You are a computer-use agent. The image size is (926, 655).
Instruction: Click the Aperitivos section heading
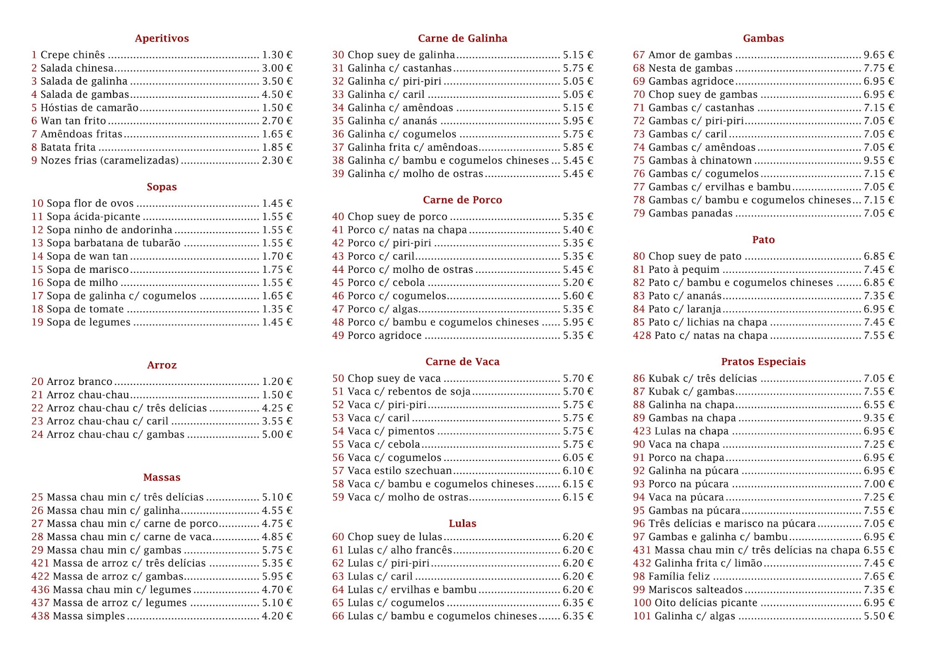[162, 38]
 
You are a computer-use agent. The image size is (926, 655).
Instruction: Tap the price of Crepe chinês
[277, 55]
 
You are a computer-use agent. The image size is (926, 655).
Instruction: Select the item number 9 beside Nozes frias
[34, 161]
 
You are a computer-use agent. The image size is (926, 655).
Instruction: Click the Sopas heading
[162, 187]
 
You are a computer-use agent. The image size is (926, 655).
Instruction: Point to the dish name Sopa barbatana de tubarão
[113, 243]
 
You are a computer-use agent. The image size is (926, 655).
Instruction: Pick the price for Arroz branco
[277, 382]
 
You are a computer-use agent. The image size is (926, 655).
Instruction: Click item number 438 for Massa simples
[40, 616]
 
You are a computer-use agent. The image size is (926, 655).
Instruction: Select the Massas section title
[162, 478]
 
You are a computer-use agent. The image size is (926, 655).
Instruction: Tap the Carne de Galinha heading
[463, 38]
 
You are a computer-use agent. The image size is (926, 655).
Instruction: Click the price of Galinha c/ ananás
[578, 121]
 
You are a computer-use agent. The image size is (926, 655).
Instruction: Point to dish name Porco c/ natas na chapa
[407, 230]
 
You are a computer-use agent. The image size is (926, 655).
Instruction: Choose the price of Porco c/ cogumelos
[578, 296]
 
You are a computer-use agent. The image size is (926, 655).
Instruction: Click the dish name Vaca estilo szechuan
[400, 471]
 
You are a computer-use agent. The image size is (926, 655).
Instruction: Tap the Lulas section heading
[463, 523]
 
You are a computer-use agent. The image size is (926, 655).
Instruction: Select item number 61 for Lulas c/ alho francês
[338, 550]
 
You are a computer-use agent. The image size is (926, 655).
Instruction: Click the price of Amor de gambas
[879, 55]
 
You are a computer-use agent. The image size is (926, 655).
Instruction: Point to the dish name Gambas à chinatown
[700, 161]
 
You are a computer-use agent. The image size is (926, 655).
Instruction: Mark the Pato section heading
[763, 240]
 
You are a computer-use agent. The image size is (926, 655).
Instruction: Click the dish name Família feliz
[679, 577]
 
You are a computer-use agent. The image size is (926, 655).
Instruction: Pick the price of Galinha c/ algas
[879, 616]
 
